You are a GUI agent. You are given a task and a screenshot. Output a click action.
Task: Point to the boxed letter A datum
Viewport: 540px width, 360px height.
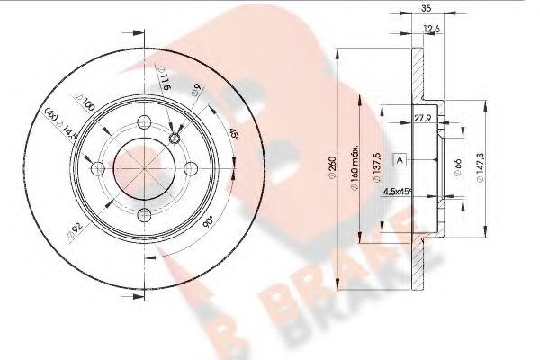400,159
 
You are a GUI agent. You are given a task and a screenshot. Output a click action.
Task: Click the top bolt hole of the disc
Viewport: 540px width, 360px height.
143,124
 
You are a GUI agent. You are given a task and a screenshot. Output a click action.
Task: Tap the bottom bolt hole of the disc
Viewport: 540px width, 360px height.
143,213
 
